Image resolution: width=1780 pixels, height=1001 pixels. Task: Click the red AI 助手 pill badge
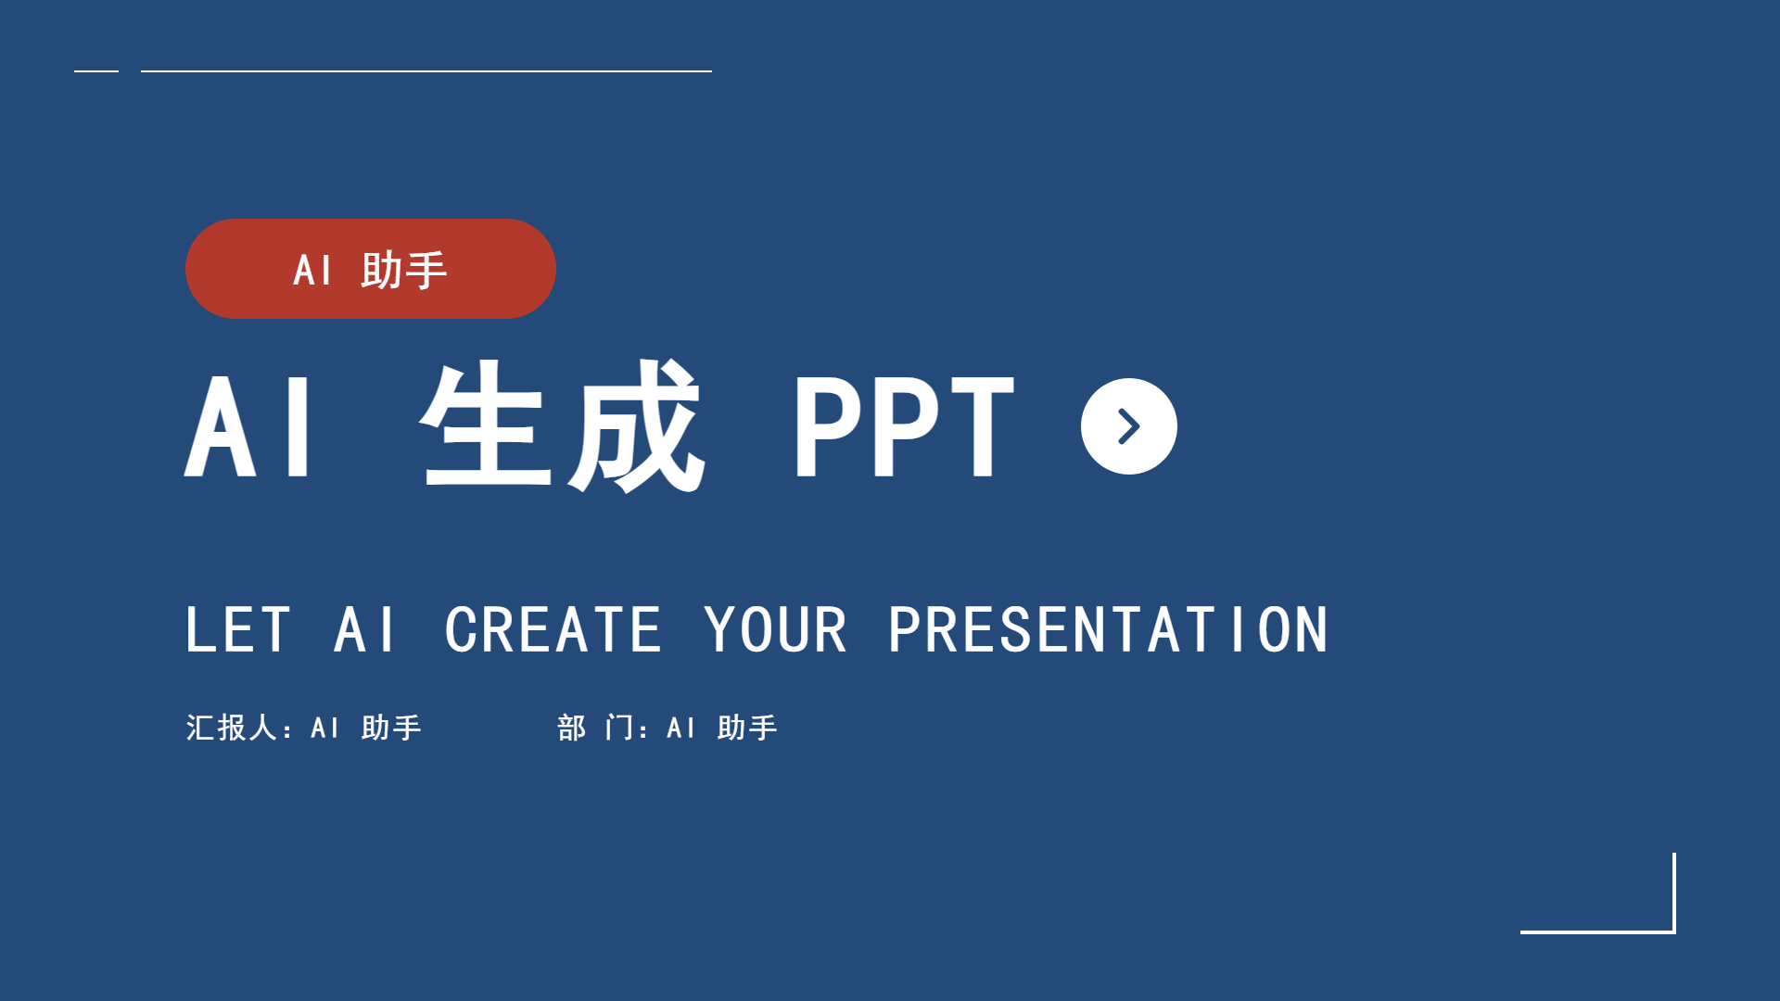pos(371,269)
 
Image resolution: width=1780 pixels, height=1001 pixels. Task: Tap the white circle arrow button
pos(1128,426)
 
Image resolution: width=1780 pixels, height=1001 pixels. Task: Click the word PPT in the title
pos(904,426)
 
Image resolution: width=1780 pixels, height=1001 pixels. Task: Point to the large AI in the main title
pos(248,426)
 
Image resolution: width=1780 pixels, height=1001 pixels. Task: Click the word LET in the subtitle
pos(238,630)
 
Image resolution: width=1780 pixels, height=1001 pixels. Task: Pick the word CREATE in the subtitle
pos(553,630)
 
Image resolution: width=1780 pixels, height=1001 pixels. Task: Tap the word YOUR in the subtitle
pos(775,630)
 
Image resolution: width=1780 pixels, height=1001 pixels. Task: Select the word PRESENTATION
pos(1108,630)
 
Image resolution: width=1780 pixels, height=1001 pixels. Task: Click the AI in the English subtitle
pos(365,630)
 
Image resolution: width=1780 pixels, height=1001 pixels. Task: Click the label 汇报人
pos(232,728)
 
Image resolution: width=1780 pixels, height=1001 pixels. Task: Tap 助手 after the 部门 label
pos(747,728)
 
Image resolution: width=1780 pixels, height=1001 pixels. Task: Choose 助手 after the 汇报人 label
pos(391,728)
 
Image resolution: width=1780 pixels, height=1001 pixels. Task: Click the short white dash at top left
pos(96,70)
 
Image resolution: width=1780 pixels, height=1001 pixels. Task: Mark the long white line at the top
pos(426,70)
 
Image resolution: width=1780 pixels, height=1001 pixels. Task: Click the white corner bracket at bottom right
pos(1674,931)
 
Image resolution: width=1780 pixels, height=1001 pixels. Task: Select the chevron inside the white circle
pos(1130,426)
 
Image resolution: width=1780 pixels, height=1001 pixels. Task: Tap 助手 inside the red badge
pos(404,270)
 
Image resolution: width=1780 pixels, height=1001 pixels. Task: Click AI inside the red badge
pos(312,271)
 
